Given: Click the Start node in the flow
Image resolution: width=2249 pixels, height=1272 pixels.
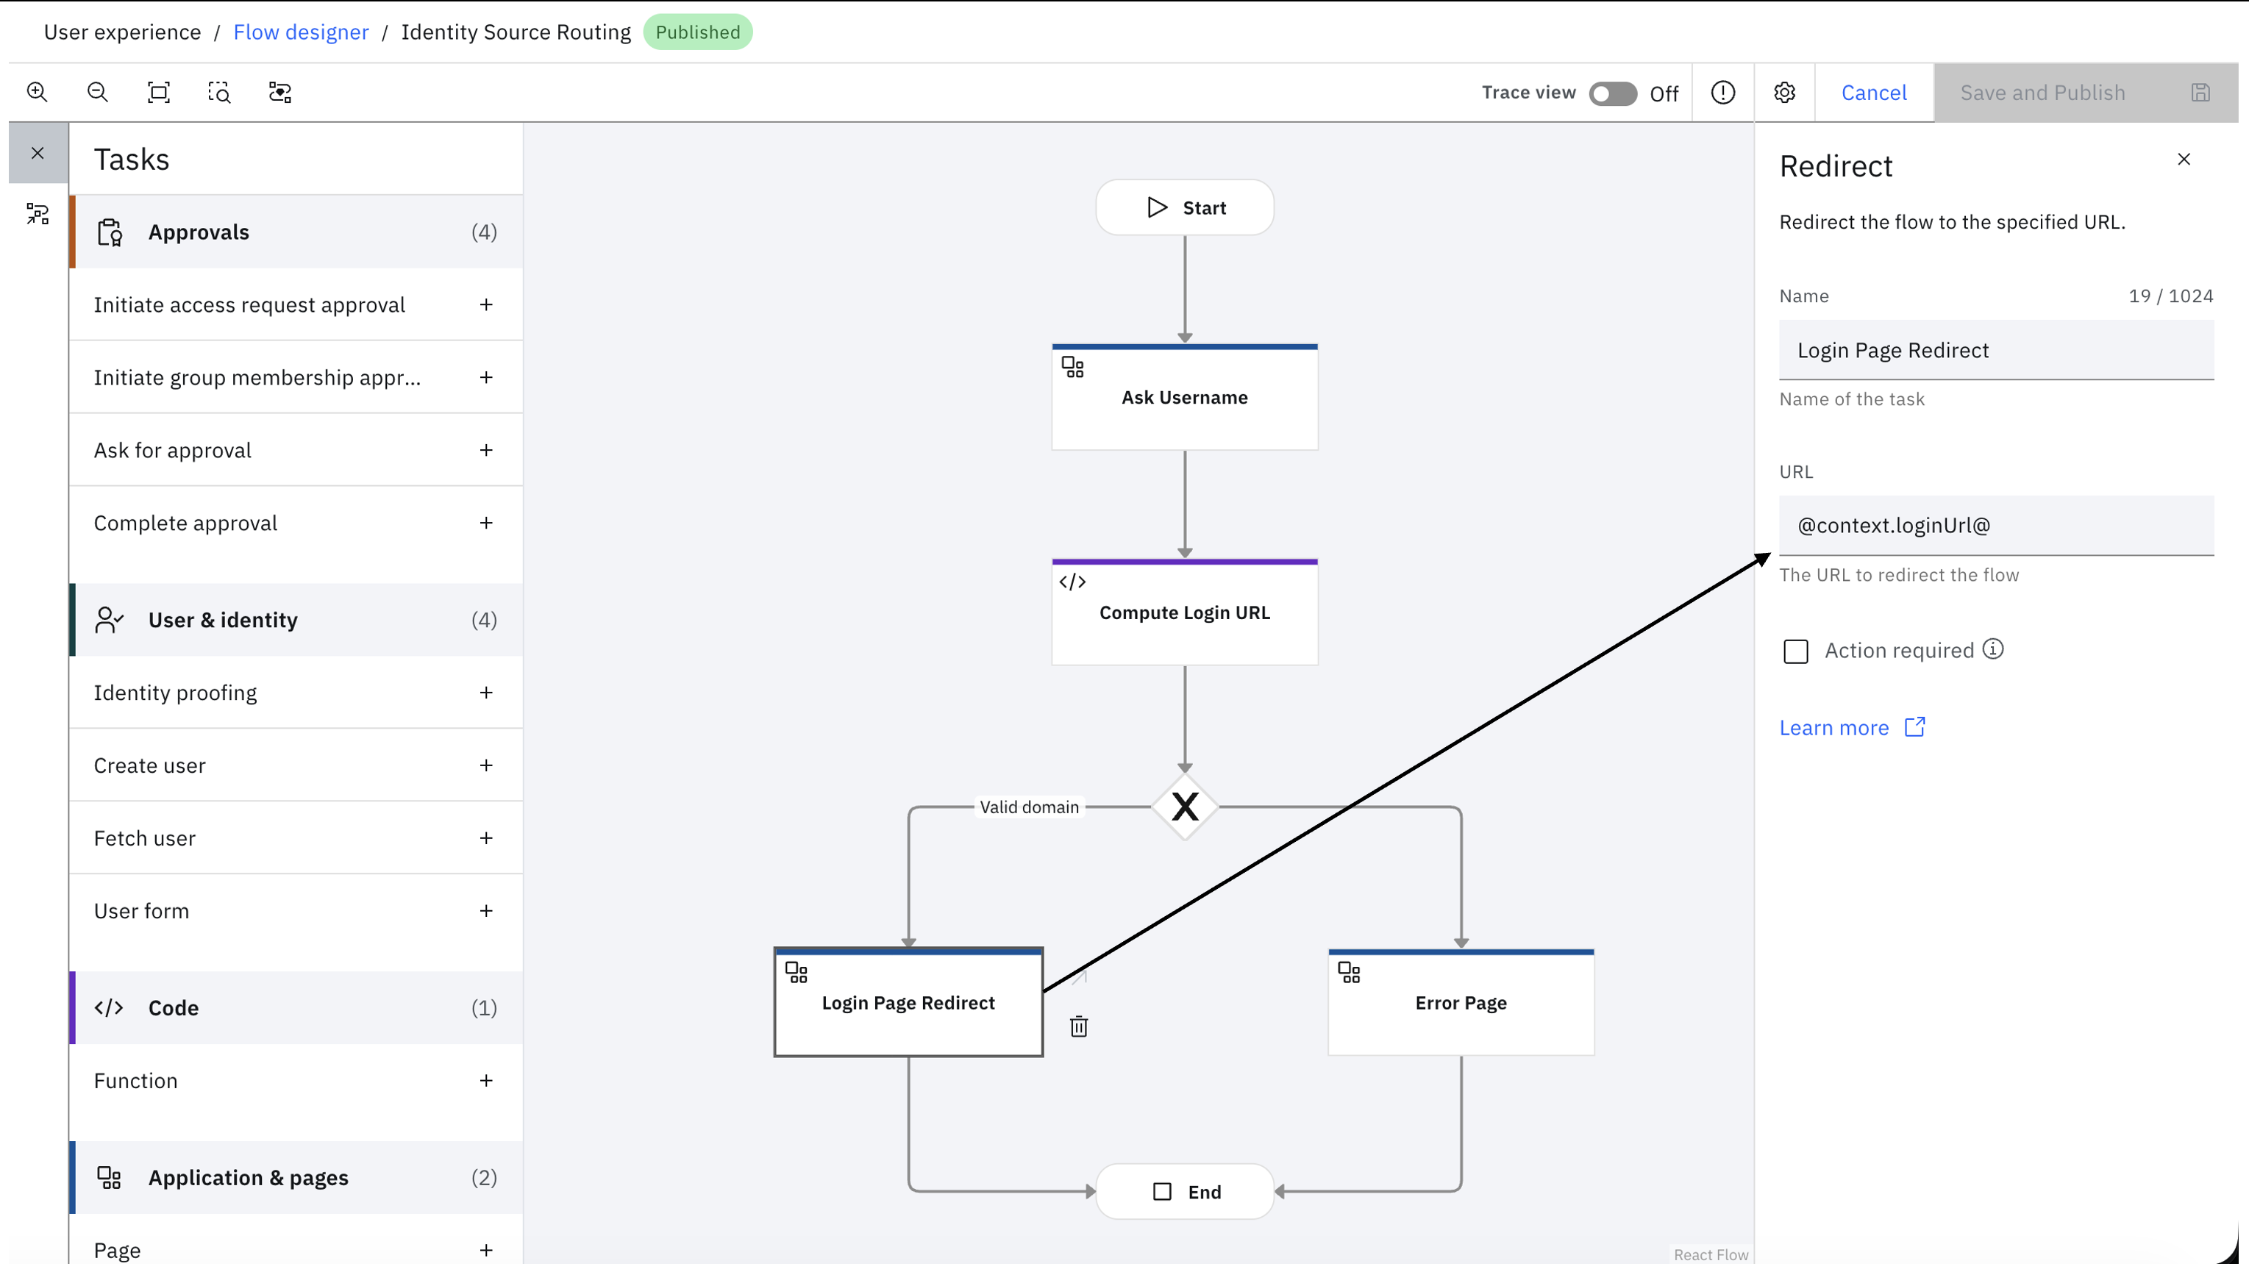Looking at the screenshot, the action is click(x=1185, y=208).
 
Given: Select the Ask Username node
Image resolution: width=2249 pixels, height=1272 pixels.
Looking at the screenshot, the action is click(x=1185, y=398).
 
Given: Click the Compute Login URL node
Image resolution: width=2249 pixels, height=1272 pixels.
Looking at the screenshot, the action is click(x=1185, y=612).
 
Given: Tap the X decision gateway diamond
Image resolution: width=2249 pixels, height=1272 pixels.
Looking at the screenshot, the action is click(x=1185, y=807).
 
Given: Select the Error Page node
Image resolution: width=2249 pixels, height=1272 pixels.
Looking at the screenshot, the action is click(x=1461, y=1002).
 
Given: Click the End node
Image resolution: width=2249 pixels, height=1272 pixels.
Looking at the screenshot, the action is click(x=1185, y=1192).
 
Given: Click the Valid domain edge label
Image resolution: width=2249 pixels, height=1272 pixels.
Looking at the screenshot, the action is click(x=1030, y=807).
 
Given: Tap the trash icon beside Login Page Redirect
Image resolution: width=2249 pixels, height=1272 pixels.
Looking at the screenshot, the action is click(x=1079, y=1026).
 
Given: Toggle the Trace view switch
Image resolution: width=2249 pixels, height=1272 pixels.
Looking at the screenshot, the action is click(x=1613, y=93).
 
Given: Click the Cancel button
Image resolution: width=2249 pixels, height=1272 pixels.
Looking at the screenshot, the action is click(x=1873, y=93).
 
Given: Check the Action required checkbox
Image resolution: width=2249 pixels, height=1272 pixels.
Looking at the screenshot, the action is click(x=1795, y=651).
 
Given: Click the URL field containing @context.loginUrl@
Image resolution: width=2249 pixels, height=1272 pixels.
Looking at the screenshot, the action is click(x=1997, y=526).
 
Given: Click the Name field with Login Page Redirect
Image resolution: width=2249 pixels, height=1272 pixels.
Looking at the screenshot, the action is click(x=1997, y=350).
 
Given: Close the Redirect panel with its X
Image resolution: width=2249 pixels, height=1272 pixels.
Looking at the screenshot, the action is click(x=2184, y=159).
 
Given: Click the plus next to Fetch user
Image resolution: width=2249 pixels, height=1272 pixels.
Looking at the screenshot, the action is click(x=487, y=837).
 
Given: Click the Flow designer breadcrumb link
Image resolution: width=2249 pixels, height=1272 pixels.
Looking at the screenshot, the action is click(x=301, y=32).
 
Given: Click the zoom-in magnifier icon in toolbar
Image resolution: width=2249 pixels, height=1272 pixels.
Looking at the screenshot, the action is click(x=37, y=92).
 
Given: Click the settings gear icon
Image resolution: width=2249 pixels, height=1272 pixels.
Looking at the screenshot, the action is click(x=1784, y=93).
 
